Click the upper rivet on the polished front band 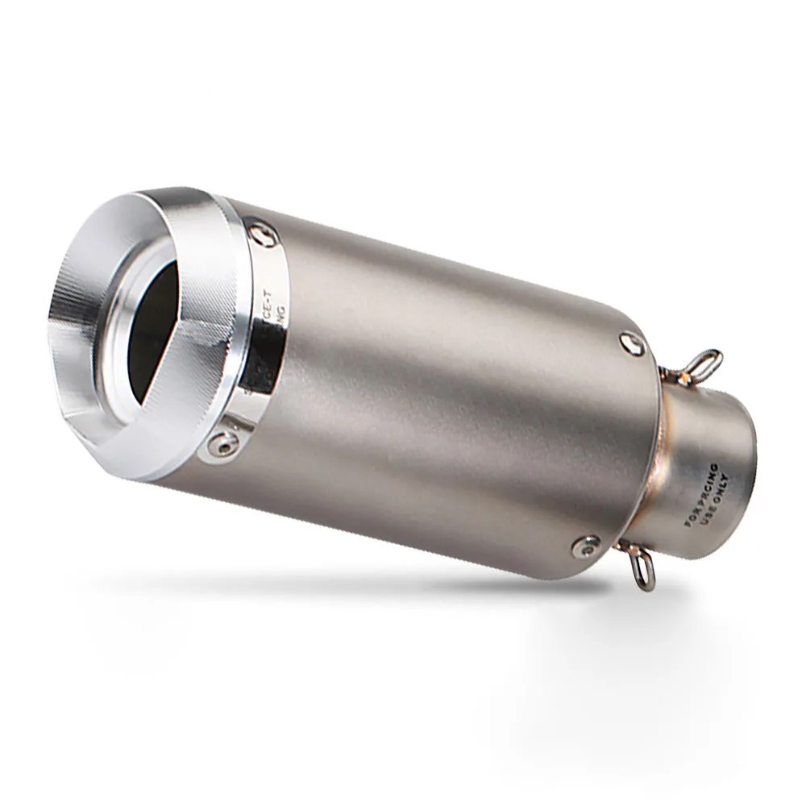click(x=259, y=231)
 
